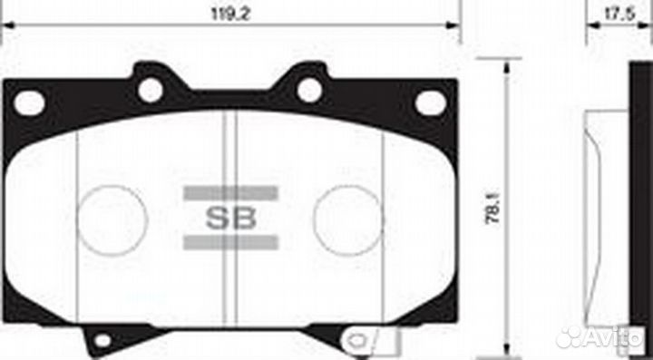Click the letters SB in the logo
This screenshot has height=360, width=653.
230,219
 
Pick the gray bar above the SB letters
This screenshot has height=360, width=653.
230,193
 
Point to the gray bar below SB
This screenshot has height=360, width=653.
230,241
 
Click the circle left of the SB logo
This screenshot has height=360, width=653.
112,219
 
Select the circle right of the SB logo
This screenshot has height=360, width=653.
348,219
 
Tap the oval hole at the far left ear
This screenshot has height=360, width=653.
29,103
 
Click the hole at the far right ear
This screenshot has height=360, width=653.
431,103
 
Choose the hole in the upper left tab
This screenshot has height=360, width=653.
151,89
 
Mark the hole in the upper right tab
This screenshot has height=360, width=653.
309,89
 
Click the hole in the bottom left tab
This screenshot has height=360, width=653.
102,341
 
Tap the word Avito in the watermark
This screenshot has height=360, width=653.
618,336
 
